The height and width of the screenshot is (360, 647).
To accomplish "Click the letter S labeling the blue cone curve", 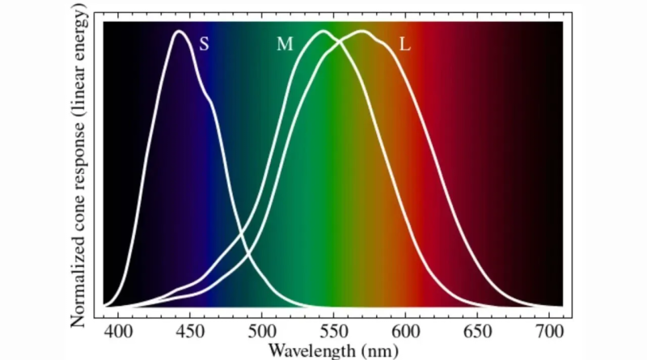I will pyautogui.click(x=204, y=44).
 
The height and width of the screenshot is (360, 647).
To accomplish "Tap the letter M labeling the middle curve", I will pyautogui.click(x=285, y=44).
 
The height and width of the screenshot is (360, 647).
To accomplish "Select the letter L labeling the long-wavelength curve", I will pyautogui.click(x=405, y=44).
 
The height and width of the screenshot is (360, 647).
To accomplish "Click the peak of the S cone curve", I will pyautogui.click(x=180, y=32).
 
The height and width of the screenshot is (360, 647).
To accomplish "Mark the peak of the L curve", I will pyautogui.click(x=362, y=32).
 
